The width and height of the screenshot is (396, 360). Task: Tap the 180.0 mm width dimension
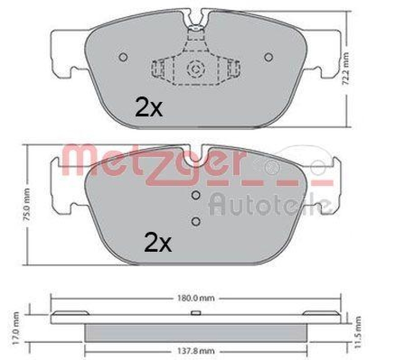click(196, 299)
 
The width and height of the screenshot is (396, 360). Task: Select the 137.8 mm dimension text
click(196, 352)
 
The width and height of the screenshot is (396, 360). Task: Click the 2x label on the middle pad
click(157, 242)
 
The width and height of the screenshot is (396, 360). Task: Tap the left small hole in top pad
click(123, 57)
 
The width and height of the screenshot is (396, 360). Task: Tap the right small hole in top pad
click(268, 57)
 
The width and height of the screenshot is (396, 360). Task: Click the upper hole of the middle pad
click(196, 196)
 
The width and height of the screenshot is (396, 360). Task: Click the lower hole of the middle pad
click(196, 221)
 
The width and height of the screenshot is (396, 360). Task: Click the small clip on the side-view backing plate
click(196, 312)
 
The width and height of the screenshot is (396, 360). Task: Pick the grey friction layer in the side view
click(196, 332)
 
